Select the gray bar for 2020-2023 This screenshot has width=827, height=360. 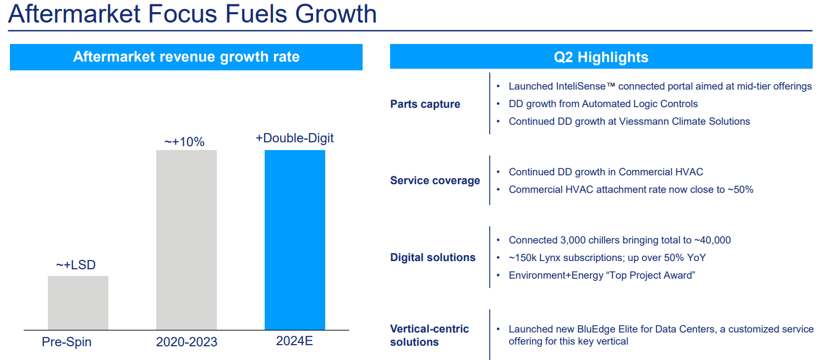point(187,240)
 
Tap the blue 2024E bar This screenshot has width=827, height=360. point(295,240)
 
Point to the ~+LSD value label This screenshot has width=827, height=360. point(76,265)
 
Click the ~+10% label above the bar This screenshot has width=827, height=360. point(184,142)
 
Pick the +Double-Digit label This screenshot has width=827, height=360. point(294,138)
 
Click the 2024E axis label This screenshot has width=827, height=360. point(294,341)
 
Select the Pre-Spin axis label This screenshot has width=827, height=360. point(67,342)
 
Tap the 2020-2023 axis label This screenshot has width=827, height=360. point(187,342)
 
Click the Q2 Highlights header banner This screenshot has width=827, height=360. point(601,57)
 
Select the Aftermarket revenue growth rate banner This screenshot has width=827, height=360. point(186,57)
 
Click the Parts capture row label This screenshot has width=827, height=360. point(425,104)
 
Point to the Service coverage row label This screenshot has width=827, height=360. point(435,180)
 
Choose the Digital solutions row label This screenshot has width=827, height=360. point(432,257)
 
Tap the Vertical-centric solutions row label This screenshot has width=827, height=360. point(429,335)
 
